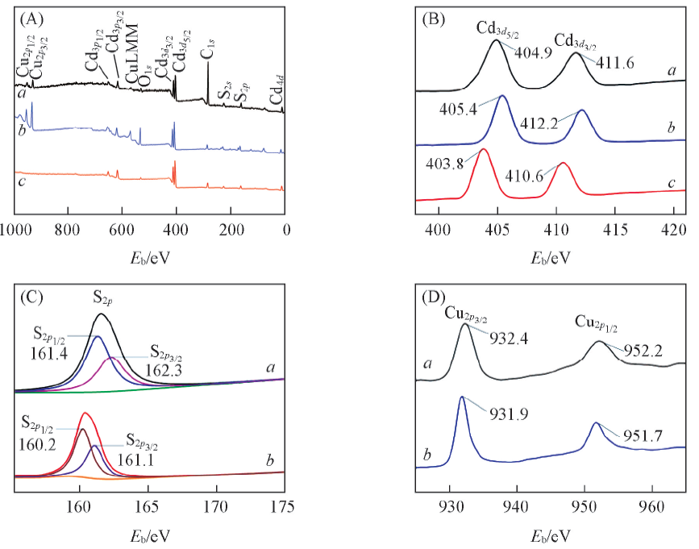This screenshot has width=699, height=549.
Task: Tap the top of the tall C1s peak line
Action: [208, 63]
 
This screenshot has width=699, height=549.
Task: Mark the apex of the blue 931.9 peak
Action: [462, 397]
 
